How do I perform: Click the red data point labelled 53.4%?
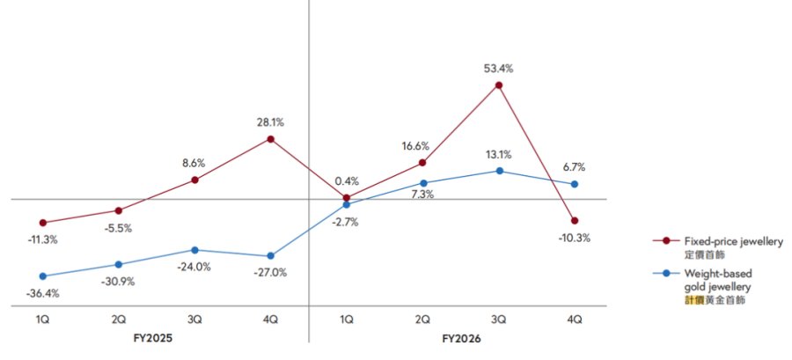pyautogui.click(x=499, y=85)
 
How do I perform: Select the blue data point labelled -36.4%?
pyautogui.click(x=43, y=276)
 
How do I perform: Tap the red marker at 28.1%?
pyautogui.click(x=271, y=139)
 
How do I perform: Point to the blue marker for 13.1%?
pyautogui.click(x=500, y=171)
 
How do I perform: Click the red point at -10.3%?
pyautogui.click(x=575, y=221)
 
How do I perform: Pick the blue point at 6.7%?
pyautogui.click(x=575, y=184)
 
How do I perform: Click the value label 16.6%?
pyautogui.click(x=416, y=146)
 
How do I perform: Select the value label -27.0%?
pyautogui.click(x=271, y=273)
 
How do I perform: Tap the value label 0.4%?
pyautogui.click(x=347, y=180)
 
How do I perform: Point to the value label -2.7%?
pyautogui.click(x=346, y=222)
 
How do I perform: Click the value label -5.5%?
pyautogui.click(x=119, y=228)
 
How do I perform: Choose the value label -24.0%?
pyautogui.click(x=194, y=267)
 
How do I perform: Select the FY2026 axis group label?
pyautogui.click(x=460, y=339)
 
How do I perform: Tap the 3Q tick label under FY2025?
pyautogui.click(x=195, y=320)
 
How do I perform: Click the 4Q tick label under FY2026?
pyautogui.click(x=575, y=320)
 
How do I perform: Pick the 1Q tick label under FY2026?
pyautogui.click(x=347, y=320)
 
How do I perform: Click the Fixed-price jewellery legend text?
pyautogui.click(x=733, y=242)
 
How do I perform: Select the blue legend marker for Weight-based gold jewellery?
pyautogui.click(x=666, y=273)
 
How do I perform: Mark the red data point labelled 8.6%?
pyautogui.click(x=195, y=180)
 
